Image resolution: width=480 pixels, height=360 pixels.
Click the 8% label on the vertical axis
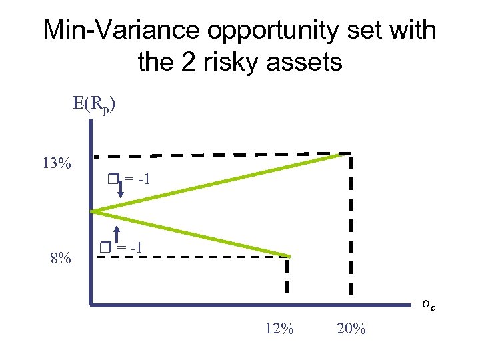(61, 257)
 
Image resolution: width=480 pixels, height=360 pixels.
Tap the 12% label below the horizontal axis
(279, 328)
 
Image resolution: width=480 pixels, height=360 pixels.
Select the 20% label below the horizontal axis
(351, 328)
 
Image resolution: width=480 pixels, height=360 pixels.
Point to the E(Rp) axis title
(95, 105)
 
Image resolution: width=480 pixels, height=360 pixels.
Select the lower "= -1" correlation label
(131, 248)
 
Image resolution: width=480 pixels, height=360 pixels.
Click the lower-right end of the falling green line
(289, 256)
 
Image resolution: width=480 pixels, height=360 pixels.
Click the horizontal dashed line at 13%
(220, 155)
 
